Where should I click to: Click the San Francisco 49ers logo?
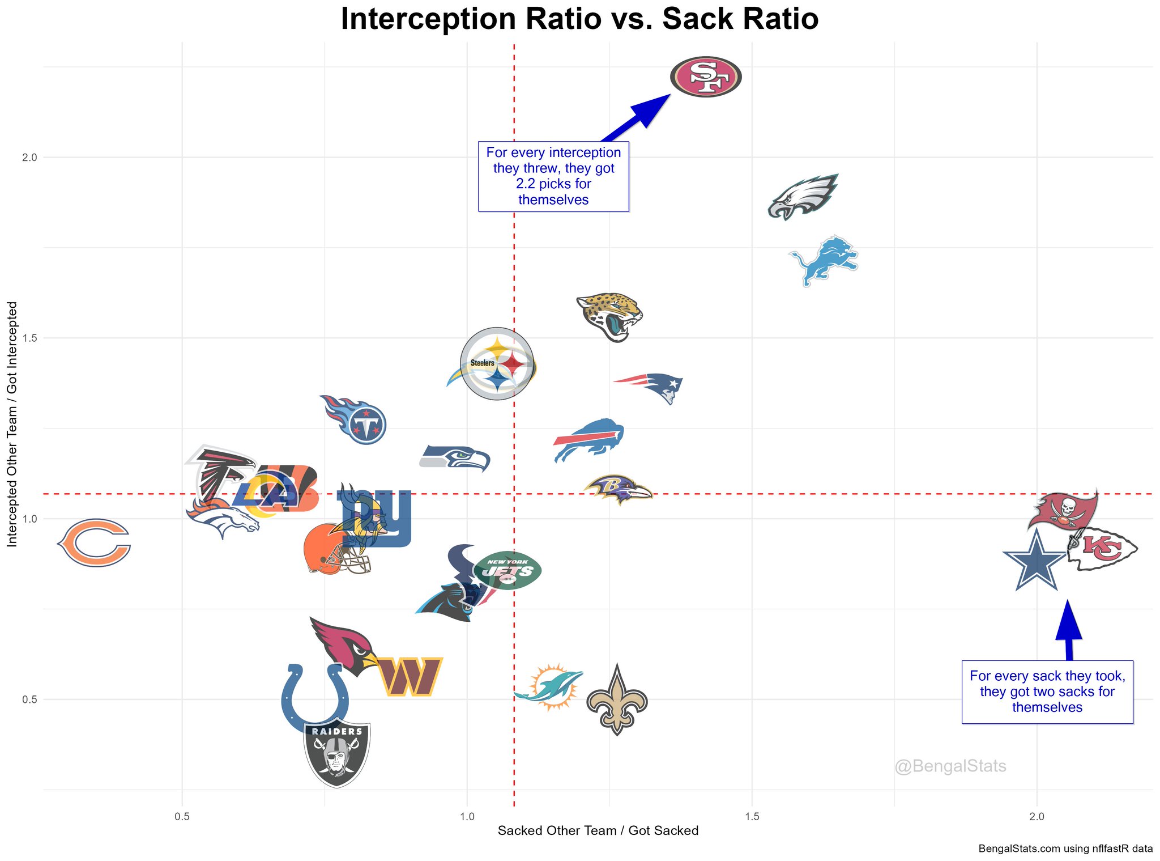(705, 77)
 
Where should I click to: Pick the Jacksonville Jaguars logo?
(609, 316)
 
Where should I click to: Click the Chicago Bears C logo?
(95, 542)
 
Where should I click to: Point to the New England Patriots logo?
(651, 387)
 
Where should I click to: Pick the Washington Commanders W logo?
(410, 676)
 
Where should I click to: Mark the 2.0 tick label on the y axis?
(29, 158)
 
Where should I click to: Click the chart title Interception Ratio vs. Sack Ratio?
(579, 19)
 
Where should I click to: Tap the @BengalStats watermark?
(950, 767)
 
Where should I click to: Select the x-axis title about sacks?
(598, 831)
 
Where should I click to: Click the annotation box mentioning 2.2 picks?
(553, 176)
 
